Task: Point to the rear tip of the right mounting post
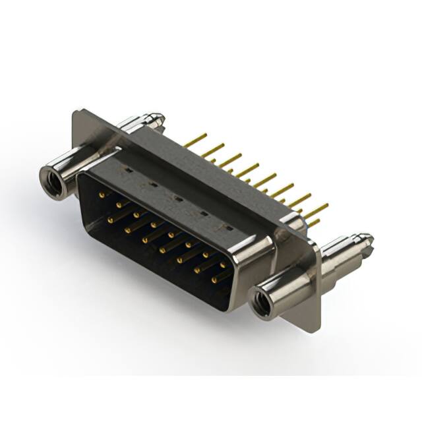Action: pos(365,240)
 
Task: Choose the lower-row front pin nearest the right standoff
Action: pos(214,280)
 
